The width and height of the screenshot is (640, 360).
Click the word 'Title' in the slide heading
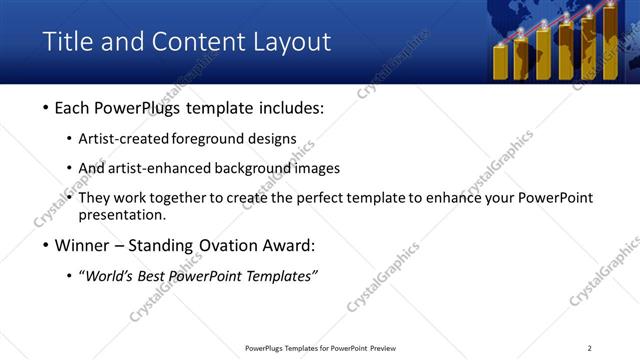65,42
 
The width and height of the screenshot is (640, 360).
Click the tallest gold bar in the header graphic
609,45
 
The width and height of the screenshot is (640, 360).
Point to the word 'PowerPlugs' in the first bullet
133,109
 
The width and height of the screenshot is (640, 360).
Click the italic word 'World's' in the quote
109,276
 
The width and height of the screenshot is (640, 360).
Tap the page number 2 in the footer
589,348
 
